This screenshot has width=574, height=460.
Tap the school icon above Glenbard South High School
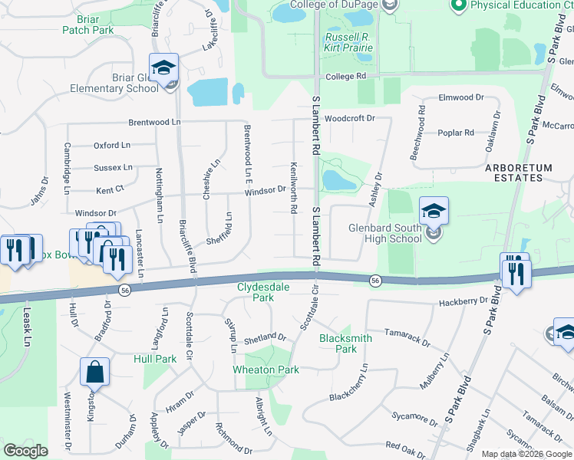[x=434, y=210]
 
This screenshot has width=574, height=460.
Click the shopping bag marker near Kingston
[x=95, y=372]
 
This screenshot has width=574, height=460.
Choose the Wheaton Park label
[x=266, y=370]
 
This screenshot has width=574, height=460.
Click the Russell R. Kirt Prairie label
[x=348, y=42]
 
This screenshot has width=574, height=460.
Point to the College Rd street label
[x=345, y=77]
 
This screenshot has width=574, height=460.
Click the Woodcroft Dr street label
[x=349, y=118]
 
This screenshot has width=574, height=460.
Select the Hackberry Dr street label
[x=463, y=302]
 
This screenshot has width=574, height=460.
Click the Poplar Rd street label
[x=456, y=133]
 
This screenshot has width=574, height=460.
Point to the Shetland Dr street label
[x=265, y=337]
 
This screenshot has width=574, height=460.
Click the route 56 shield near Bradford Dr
[x=124, y=289]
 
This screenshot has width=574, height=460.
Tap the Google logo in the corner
[x=25, y=451]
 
